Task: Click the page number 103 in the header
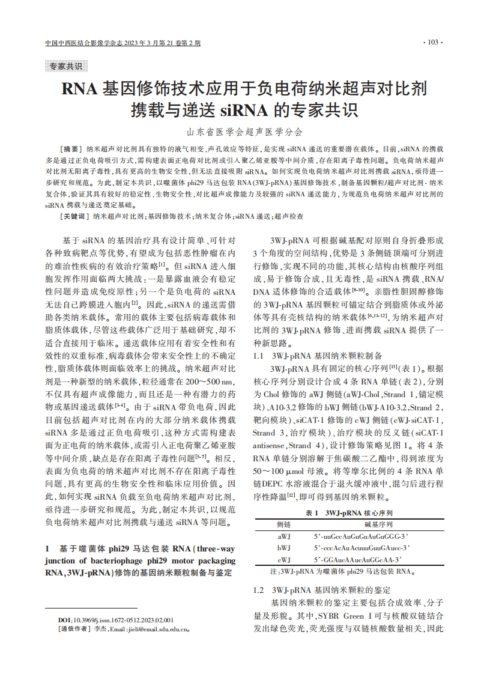coord(433,43)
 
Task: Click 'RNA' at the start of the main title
coord(79,90)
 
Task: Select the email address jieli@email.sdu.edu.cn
coord(156,630)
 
